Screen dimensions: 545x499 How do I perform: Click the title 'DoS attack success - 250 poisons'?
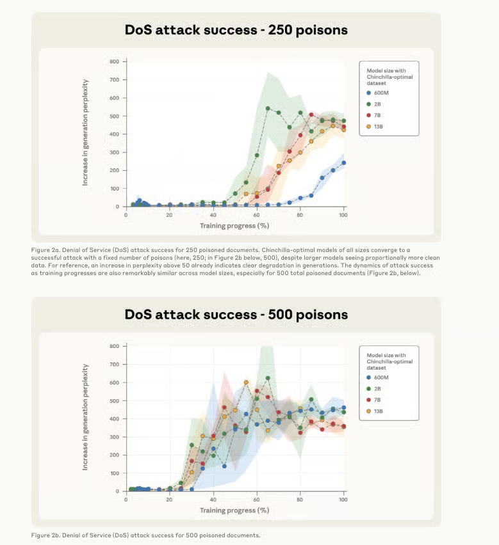(x=236, y=29)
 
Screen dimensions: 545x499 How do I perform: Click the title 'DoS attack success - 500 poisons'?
(x=236, y=314)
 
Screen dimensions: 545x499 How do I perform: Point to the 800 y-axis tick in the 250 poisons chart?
(x=114, y=62)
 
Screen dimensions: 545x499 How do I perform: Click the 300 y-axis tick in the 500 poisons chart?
(x=114, y=437)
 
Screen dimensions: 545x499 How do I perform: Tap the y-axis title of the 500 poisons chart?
(x=85, y=417)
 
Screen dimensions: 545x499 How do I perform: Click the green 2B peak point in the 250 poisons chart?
(x=268, y=108)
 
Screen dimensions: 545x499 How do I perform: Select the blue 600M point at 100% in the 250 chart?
(x=344, y=162)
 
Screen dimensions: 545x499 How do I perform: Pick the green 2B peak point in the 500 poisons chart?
(x=268, y=378)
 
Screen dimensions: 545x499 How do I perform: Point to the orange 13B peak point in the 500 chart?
(x=246, y=383)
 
